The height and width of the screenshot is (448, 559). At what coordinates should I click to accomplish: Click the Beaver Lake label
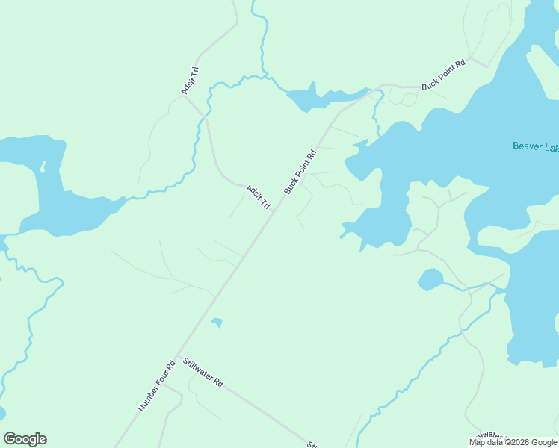tap(535, 146)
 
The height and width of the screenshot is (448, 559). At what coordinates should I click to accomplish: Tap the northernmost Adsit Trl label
tap(190, 81)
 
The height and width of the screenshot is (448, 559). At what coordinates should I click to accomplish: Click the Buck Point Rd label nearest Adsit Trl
tap(300, 172)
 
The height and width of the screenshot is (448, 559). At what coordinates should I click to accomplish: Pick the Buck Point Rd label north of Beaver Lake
tap(443, 75)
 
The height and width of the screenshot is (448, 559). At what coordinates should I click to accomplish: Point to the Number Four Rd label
tap(156, 385)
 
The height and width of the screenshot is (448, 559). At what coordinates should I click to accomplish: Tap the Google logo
tap(25, 439)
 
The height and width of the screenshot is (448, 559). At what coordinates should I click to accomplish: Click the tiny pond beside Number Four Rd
tap(217, 323)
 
